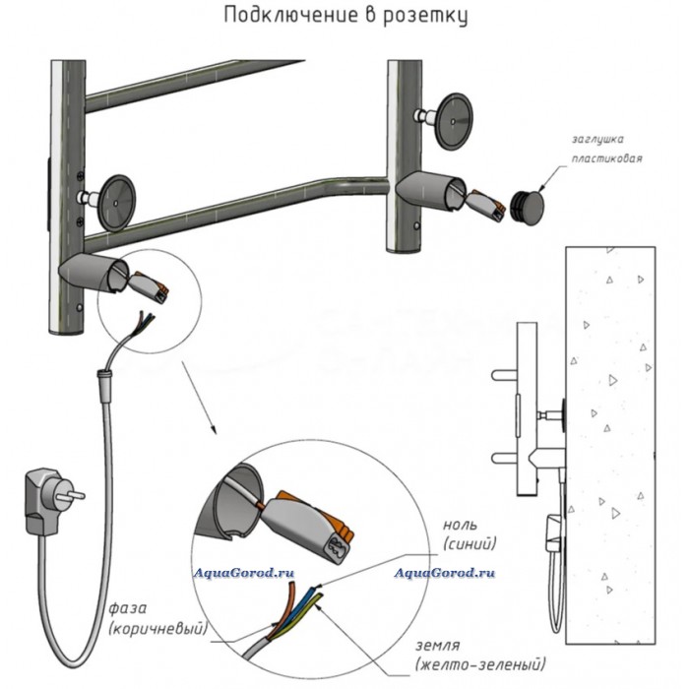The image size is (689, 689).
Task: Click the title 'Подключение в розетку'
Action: pos(345,16)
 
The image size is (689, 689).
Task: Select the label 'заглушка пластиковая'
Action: pos(606,149)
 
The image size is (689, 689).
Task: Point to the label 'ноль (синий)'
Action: pos(470,534)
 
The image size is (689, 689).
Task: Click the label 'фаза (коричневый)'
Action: pos(157,619)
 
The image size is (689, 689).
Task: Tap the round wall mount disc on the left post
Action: pos(116,204)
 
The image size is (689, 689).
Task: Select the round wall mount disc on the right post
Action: pos(455,121)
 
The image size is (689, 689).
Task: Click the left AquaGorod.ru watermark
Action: pos(244,573)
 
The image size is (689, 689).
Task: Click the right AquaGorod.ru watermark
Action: pos(444,573)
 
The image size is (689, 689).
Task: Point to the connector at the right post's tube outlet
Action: pos(483,205)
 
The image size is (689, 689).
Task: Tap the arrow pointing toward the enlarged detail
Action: pos(199,398)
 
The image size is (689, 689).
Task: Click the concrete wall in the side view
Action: pos(611,445)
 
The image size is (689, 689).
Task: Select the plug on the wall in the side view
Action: pos(554,532)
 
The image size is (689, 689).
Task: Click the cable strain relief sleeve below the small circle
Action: pos(105,385)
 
